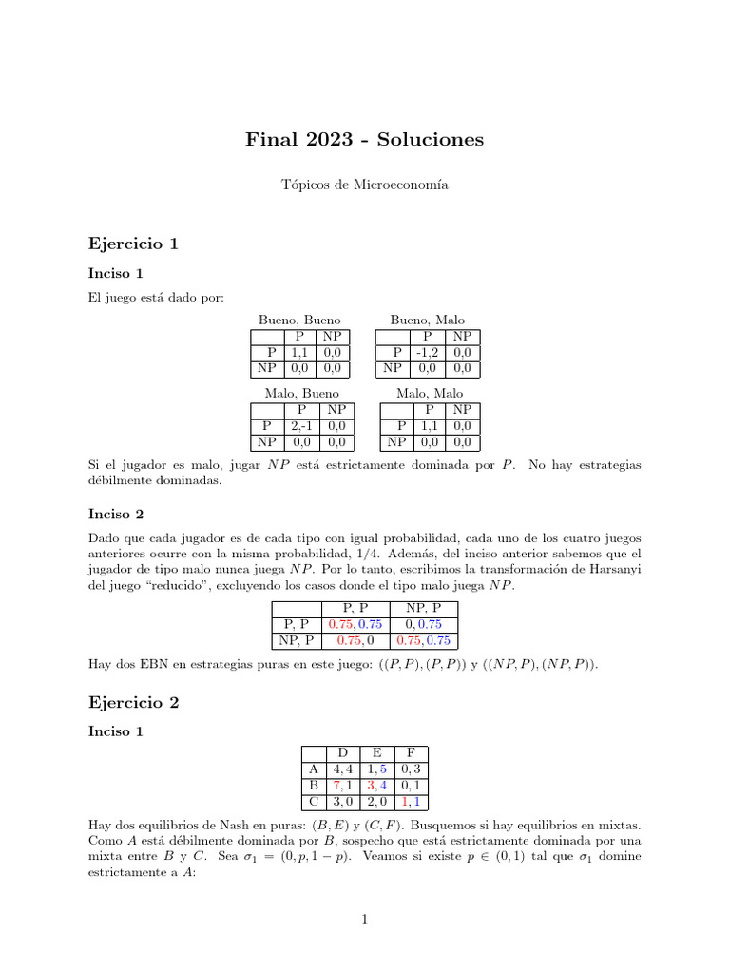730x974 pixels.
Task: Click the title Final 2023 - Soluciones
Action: coord(364,140)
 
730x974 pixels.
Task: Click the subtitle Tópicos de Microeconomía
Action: coord(364,186)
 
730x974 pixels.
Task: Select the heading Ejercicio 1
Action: coord(133,243)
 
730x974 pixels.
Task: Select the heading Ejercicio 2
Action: coord(133,703)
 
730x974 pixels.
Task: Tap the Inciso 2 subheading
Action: coord(116,514)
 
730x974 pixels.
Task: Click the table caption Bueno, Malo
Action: coord(427,321)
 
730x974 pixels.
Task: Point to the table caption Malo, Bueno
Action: coord(301,393)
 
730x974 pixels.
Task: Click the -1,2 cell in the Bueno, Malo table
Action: coord(425,352)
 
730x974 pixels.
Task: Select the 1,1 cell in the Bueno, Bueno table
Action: coord(298,352)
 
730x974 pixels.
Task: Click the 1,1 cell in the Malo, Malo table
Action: coord(428,425)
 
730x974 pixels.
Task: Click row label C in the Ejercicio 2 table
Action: coord(313,802)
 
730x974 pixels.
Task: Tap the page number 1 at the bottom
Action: coord(364,919)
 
